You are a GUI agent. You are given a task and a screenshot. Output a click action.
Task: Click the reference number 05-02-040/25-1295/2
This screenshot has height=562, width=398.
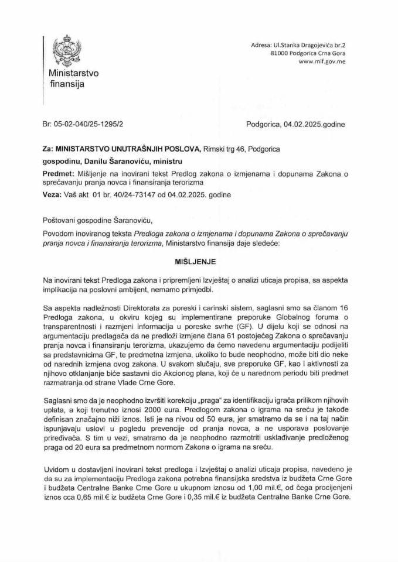click(92, 125)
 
